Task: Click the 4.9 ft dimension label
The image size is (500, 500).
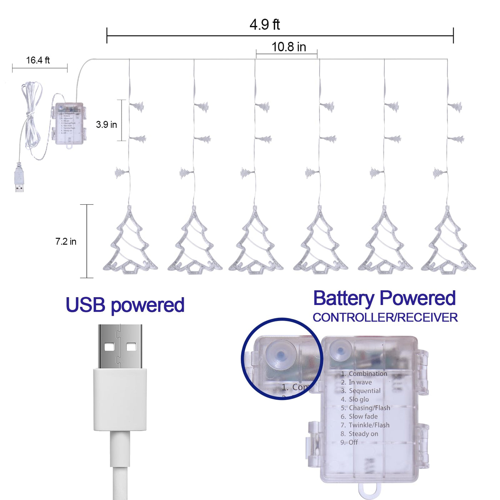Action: click(264, 25)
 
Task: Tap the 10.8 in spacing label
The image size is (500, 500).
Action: click(289, 47)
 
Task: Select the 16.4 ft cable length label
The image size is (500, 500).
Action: click(38, 60)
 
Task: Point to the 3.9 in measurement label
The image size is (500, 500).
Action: click(106, 124)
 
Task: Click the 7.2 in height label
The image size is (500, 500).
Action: click(66, 241)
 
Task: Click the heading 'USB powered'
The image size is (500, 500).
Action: click(125, 305)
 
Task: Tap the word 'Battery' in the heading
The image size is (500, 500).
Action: click(344, 298)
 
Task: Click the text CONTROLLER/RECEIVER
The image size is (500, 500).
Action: click(385, 317)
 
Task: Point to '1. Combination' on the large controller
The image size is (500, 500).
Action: click(364, 374)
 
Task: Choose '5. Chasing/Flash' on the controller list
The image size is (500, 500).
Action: click(365, 408)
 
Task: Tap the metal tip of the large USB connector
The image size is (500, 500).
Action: click(120, 346)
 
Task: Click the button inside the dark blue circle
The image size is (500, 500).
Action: click(280, 355)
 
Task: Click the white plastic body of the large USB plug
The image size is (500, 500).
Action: click(120, 400)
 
